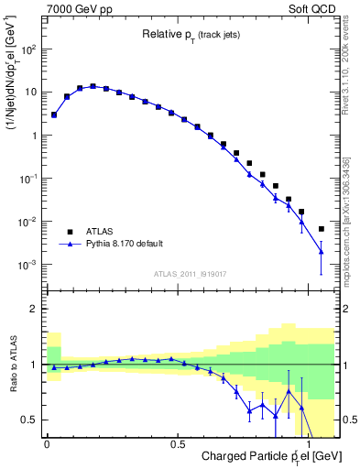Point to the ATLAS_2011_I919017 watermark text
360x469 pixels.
click(189, 273)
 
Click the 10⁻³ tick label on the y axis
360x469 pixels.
click(28, 265)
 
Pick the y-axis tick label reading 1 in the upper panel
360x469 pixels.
click(35, 136)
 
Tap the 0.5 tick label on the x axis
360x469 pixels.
click(177, 442)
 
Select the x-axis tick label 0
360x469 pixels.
click(47, 442)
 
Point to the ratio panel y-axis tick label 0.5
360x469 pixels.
click(30, 420)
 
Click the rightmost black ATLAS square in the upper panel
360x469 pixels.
click(321, 229)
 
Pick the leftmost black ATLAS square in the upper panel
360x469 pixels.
click(54, 115)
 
